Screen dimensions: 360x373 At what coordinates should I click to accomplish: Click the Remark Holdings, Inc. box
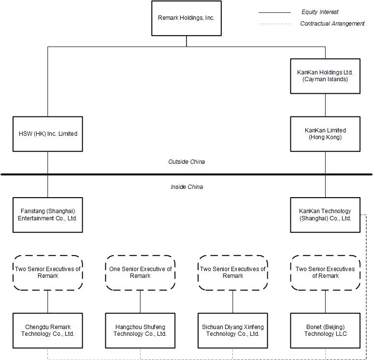pos(186,18)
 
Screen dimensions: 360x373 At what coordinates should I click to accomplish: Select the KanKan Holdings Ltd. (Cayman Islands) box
pos(325,76)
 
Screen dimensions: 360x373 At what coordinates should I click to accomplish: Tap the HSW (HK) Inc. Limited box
pos(47,134)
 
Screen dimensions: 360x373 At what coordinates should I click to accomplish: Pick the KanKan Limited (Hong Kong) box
pos(325,134)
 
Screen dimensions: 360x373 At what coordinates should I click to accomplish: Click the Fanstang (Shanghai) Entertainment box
pos(47,215)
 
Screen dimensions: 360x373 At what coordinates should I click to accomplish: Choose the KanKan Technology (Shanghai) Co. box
pos(325,215)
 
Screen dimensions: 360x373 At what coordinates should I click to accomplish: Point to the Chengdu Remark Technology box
pos(47,331)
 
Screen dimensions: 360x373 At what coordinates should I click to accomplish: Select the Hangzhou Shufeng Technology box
pos(140,331)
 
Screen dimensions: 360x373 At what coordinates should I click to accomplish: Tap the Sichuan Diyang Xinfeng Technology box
pos(232,331)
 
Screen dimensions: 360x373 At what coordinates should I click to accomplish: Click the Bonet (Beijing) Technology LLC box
pos(325,331)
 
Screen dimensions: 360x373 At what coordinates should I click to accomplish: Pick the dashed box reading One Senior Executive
pos(140,273)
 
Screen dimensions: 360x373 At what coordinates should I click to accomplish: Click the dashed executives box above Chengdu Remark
pos(47,273)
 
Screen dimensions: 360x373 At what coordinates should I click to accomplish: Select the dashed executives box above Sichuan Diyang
pos(232,273)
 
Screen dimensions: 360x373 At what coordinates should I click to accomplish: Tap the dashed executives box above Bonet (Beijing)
pos(325,273)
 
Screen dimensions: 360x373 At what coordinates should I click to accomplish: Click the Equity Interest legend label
pos(320,12)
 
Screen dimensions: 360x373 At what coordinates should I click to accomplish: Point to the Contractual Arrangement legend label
pos(332,24)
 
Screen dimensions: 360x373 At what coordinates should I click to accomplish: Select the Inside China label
pos(186,187)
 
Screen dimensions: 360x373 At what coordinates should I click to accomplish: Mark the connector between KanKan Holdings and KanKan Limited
pos(325,105)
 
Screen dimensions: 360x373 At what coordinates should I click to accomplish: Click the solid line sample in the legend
pos(274,12)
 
